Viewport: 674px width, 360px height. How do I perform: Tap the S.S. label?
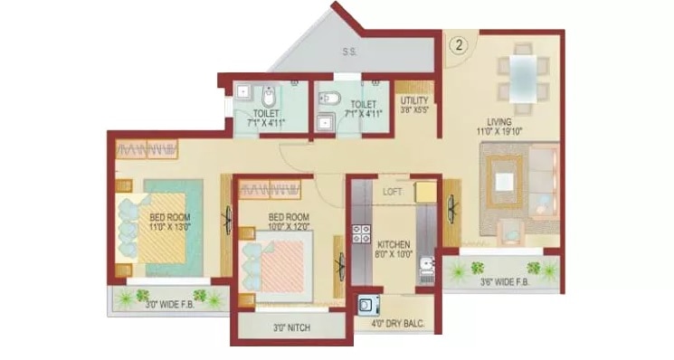point(349,52)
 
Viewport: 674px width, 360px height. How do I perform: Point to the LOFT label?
point(391,192)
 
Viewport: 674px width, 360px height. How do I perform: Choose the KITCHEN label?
point(394,244)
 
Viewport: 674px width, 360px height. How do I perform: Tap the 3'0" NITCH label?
point(290,329)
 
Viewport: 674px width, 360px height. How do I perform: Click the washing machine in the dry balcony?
point(367,306)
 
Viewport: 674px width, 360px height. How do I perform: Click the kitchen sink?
point(427,267)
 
